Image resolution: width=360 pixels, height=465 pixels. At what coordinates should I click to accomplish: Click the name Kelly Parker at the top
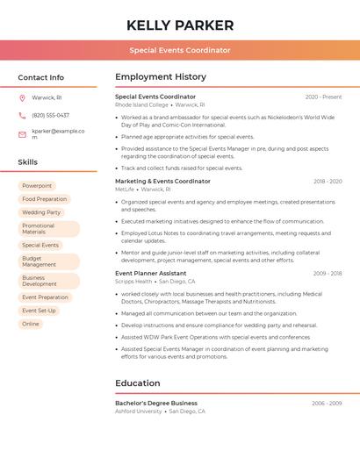180,25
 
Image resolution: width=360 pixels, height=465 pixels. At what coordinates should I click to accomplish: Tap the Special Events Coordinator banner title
180,50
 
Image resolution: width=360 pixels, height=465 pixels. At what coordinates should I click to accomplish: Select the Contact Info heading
41,77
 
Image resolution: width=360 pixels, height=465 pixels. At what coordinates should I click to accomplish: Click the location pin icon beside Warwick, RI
22,97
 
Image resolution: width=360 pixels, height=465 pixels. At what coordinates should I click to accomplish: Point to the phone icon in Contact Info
22,115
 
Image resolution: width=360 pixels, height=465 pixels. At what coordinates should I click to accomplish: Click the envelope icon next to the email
22,133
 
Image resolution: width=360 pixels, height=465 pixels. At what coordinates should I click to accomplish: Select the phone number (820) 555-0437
50,115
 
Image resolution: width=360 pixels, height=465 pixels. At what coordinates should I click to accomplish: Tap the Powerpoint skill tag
37,186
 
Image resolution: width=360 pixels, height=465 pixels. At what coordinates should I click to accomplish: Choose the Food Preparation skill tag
45,199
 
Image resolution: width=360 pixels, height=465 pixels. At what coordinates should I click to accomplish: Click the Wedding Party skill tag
41,212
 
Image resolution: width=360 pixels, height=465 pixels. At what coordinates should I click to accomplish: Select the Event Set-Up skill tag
39,311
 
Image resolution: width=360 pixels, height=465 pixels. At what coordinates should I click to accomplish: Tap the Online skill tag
31,324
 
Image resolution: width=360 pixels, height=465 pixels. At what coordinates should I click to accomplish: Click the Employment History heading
161,77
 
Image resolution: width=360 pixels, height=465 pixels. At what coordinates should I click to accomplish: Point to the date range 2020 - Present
323,97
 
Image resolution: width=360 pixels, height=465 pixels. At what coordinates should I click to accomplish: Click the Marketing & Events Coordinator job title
162,181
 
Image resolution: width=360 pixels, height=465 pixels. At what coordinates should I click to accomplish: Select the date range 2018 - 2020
328,181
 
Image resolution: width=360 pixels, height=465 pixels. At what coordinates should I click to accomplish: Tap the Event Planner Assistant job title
150,273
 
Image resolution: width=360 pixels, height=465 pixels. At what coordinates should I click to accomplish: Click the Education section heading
138,383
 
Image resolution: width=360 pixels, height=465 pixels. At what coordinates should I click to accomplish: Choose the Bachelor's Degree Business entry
156,403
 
